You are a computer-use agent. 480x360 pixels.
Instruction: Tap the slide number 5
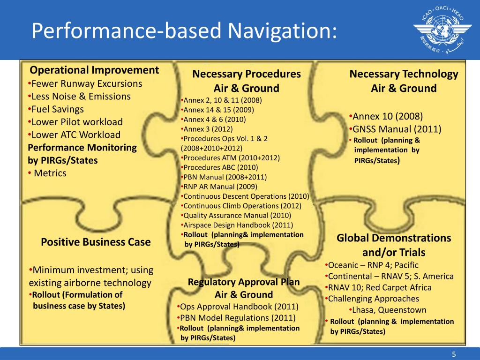point(454,353)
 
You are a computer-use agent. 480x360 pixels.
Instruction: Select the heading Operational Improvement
point(94,70)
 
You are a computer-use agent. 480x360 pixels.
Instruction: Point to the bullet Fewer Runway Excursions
point(85,84)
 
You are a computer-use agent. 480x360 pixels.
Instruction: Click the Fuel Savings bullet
point(56,109)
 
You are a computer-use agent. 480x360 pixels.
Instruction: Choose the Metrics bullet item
point(48,173)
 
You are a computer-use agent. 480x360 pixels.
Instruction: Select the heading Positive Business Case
point(96,242)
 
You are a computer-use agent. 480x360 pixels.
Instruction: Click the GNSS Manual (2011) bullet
point(396,129)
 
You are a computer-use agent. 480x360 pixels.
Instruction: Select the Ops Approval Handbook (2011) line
point(239,307)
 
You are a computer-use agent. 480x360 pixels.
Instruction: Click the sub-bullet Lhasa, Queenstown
point(388,310)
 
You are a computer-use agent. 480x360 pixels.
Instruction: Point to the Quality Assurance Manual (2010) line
point(237,216)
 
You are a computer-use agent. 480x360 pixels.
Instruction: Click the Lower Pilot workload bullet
point(76,122)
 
